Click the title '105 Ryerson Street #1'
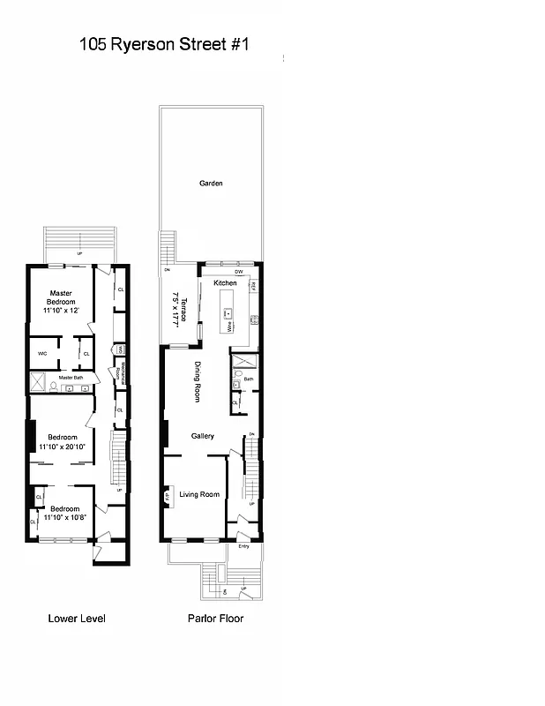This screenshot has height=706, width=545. point(164,43)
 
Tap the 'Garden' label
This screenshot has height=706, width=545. point(211,184)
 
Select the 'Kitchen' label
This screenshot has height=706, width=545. point(225,282)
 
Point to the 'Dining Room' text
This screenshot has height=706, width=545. point(198,381)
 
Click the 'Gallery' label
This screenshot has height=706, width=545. point(203,436)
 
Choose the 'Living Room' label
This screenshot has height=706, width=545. point(199,494)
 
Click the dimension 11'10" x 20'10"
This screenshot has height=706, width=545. point(62,447)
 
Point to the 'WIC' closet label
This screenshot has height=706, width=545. point(41,354)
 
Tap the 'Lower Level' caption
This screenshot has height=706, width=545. point(77,619)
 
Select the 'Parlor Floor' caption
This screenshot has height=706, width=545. point(215,619)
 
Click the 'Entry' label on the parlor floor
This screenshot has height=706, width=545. point(243,546)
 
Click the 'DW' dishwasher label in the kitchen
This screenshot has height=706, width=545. point(238,271)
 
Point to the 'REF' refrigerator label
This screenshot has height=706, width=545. point(253,288)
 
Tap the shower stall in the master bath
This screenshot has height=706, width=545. point(38,381)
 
